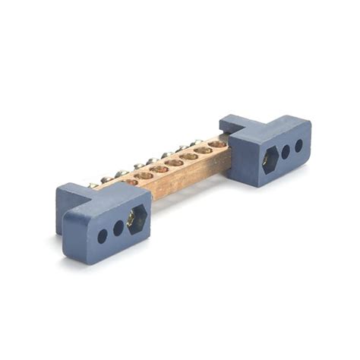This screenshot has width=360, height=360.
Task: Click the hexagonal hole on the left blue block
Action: [x=138, y=219]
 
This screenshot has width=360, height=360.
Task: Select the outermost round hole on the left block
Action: [x=102, y=235]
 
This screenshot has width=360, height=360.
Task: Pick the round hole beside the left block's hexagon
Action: [x=118, y=228]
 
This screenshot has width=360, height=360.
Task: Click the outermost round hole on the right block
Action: [x=298, y=145]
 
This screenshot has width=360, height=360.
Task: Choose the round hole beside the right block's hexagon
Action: [x=286, y=151]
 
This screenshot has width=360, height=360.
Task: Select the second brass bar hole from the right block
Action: [x=203, y=150]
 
